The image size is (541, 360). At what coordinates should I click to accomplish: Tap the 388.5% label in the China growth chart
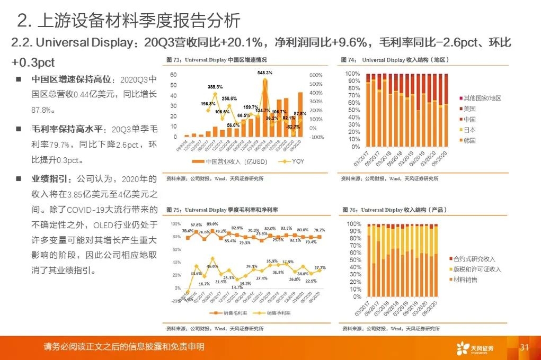coord(215,86)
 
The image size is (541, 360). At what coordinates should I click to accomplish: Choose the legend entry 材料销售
coord(465,280)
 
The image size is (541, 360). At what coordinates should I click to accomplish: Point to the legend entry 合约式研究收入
coord(474,259)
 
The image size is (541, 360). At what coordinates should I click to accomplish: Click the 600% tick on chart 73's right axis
coord(316,75)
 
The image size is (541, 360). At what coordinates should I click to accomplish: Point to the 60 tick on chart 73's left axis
coord(173,75)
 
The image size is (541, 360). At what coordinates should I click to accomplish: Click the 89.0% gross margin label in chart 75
coord(212,224)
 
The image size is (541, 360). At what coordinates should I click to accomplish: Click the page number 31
coord(525,347)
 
